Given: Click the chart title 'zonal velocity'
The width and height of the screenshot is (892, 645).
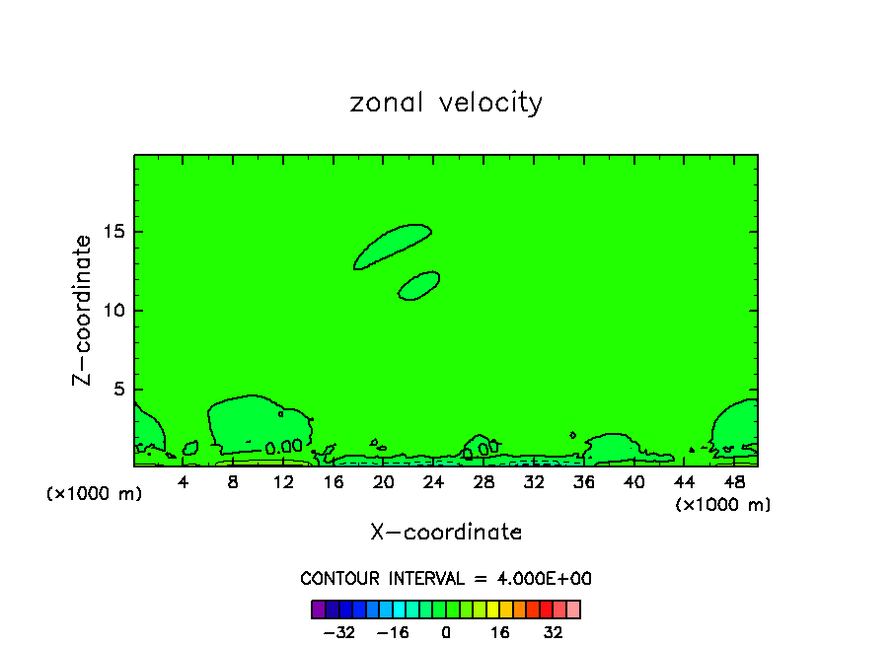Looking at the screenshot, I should point(446,103).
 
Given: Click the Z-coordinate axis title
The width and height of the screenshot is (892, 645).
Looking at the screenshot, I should point(83,310).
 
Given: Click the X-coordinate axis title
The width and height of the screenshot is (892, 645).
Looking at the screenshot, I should point(446,533).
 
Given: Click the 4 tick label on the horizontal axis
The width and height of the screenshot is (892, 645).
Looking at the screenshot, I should point(184,482).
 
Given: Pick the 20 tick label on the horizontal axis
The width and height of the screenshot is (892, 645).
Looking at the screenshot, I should point(384,482).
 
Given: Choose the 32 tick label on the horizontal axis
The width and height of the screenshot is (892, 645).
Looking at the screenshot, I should point(534,482).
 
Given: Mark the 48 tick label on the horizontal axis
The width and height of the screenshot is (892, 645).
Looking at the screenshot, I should point(734,482).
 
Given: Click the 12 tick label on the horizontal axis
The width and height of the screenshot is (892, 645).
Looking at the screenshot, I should point(283,482).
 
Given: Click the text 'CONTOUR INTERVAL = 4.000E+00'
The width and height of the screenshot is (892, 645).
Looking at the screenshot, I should point(446,579).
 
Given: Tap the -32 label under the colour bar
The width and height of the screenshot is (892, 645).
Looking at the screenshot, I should point(338,631).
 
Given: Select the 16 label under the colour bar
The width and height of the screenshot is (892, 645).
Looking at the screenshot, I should point(500,631).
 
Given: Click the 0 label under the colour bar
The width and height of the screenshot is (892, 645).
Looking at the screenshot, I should point(446,631).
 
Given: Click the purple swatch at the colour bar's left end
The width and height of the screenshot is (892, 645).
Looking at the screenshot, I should point(318,609).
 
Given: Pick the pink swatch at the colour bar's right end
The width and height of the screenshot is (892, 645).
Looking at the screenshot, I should point(573,609).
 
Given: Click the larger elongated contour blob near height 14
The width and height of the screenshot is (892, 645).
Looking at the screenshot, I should point(393,247).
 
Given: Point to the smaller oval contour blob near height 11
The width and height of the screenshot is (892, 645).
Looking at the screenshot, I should point(418,285).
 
